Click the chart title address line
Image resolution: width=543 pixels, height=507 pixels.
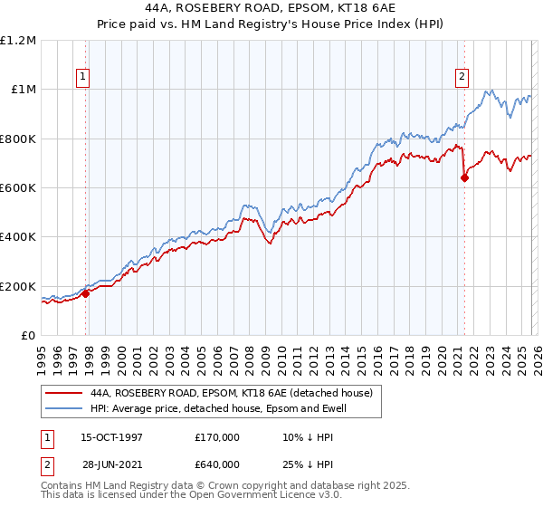tap(271, 7)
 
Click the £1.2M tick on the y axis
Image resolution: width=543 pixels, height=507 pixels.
tap(18, 41)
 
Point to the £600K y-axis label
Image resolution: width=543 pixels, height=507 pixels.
tap(18, 188)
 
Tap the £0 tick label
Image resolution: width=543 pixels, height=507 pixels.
tap(27, 336)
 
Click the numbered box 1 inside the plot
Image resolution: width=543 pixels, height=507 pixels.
tap(82, 77)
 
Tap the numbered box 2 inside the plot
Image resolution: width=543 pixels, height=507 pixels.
tap(462, 77)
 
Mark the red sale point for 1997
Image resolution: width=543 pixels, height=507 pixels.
tap(86, 293)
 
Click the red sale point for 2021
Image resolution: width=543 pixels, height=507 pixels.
tap(464, 177)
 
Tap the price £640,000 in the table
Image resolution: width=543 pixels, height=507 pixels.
tap(217, 464)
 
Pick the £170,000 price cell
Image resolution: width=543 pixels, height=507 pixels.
tap(217, 436)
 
